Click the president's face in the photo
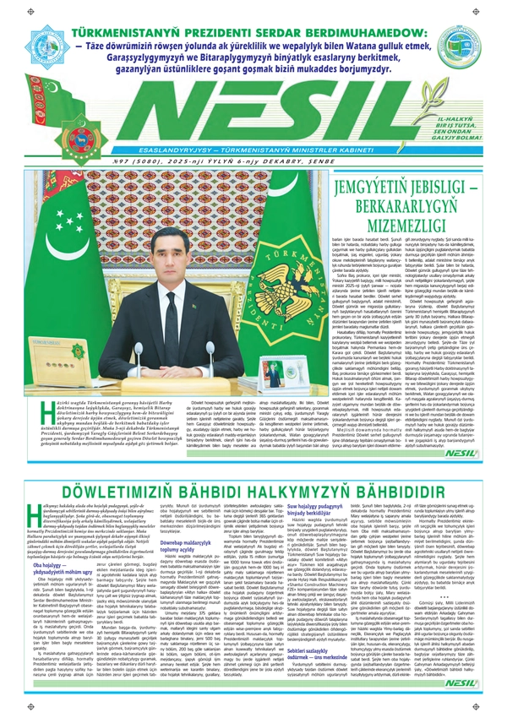[172, 258]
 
